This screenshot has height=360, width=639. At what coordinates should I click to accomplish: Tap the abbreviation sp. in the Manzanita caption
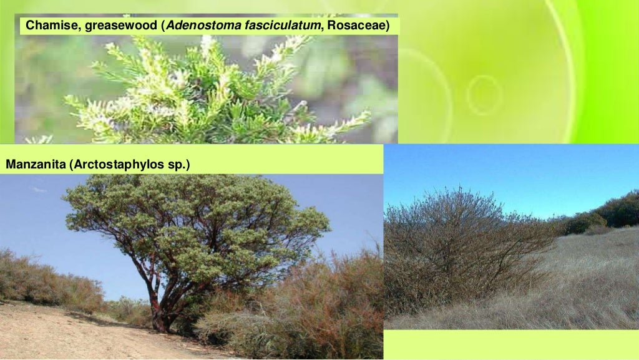178,165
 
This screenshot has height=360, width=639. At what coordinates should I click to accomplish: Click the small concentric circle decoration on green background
484,95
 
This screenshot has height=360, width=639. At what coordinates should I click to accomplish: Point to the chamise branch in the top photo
206,94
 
